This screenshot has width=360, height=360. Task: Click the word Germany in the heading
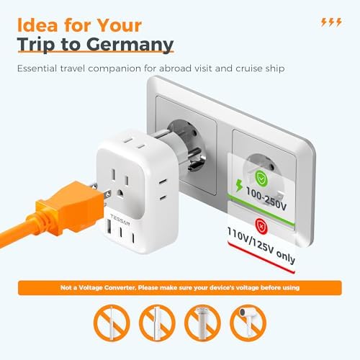[132, 45]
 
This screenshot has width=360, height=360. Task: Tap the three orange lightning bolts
[330, 22]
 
